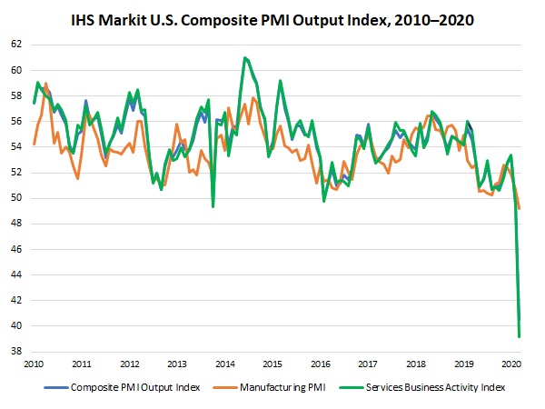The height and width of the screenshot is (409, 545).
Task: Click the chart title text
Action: (x=272, y=19)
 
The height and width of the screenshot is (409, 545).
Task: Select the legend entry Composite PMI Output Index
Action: (x=124, y=386)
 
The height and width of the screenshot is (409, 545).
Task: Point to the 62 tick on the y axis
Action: (x=15, y=44)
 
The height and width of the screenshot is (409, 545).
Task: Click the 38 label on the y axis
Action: (x=15, y=352)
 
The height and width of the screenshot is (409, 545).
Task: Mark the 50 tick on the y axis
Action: (x=15, y=198)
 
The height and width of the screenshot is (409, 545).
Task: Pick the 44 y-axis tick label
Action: (x=15, y=274)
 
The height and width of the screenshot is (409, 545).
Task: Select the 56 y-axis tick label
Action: (x=15, y=121)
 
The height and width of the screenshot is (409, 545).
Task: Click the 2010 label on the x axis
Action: (x=34, y=364)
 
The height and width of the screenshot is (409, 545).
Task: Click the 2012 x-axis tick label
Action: (x=128, y=364)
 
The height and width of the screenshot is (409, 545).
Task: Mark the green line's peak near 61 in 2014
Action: (x=244, y=57)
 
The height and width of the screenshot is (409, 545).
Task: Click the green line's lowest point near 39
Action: (x=519, y=337)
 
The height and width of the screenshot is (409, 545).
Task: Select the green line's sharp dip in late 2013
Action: (x=213, y=206)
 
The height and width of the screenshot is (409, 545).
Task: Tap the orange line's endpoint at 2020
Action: (x=519, y=209)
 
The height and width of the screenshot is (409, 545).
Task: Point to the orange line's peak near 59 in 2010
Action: (x=45, y=84)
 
